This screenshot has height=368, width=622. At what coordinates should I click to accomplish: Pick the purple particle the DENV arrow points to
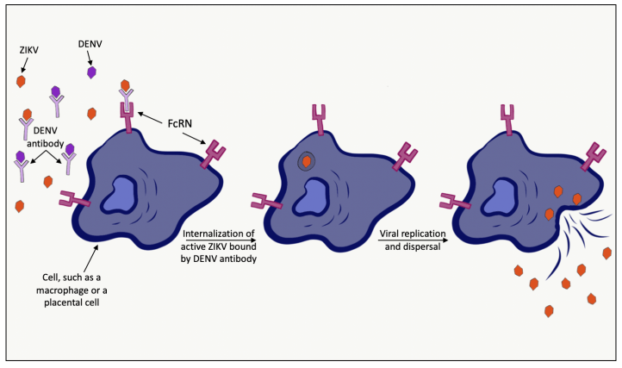(x=92, y=73)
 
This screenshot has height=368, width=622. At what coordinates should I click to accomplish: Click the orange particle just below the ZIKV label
(x=21, y=81)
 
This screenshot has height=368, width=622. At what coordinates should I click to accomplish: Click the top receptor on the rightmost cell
(x=507, y=119)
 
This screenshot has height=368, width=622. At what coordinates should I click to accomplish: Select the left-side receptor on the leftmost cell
(x=75, y=203)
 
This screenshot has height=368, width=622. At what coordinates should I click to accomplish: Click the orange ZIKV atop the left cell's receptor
(x=126, y=87)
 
